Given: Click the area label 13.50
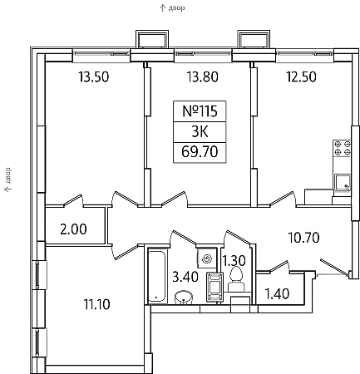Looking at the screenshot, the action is [94, 76].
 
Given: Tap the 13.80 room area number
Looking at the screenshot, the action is [203, 76].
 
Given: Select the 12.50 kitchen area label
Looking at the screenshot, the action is [301, 76].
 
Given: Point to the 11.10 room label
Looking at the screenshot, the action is [96, 304].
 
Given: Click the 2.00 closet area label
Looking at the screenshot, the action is [73, 229].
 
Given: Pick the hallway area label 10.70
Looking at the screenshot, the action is [304, 238].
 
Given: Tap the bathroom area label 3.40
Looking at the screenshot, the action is [185, 277].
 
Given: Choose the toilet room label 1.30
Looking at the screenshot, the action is [234, 261].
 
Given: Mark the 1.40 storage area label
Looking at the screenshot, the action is [278, 294].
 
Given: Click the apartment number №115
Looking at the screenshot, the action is [200, 111].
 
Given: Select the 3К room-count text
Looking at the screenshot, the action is [200, 132].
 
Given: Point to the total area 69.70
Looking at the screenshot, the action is [200, 152].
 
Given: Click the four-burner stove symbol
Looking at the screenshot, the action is [343, 148].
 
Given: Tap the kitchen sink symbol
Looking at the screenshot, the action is [343, 182].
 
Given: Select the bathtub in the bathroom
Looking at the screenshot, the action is [157, 276].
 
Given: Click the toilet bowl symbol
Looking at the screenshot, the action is [236, 278].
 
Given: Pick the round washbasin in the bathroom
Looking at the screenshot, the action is [184, 298].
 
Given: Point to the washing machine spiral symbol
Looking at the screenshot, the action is [207, 258].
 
